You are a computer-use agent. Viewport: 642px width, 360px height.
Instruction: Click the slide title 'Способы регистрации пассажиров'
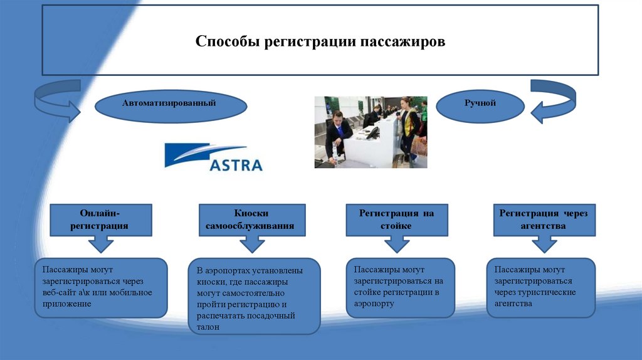point(320,42)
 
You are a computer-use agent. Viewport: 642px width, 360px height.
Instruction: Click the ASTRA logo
point(213,157)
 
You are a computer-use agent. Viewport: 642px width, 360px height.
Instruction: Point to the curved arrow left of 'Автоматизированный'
point(56,100)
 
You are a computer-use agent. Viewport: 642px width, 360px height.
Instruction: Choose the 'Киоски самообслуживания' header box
point(251,220)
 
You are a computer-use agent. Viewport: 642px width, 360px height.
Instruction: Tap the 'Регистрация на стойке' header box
point(396,220)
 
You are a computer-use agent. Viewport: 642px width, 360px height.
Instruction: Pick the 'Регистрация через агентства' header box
point(543,220)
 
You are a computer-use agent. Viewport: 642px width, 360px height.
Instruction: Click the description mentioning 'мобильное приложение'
point(101,287)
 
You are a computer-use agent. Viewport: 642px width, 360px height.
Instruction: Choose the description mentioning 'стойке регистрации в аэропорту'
point(400,287)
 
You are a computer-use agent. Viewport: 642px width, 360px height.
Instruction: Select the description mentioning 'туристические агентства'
point(540,287)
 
